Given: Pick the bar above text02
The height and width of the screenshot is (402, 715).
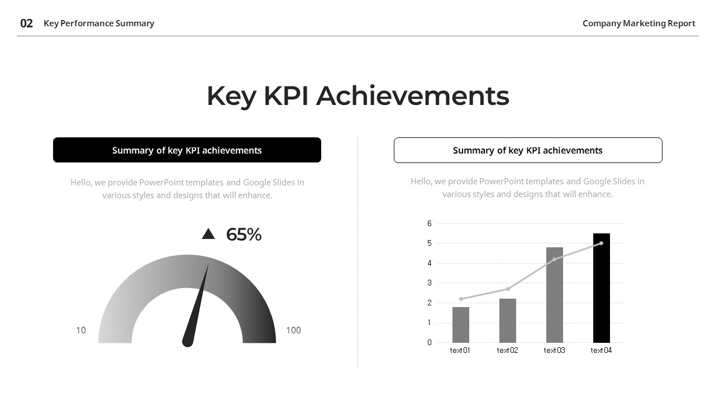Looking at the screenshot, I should coord(508,321).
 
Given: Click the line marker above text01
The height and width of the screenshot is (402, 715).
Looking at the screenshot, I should coord(461,299).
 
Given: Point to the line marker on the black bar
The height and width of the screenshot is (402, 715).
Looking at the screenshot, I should coord(601,243).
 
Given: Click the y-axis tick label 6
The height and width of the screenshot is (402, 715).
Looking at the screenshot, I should coord(430,223).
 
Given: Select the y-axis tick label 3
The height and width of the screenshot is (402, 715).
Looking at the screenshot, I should coord(430,283).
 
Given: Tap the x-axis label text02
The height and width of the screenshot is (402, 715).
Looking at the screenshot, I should coord(508,351).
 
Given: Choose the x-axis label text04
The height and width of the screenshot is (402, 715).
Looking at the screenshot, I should coord(601,351).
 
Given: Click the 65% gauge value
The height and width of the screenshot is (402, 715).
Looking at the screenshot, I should coord(244,235).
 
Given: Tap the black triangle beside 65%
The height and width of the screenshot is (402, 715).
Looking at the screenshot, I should coord(208,234).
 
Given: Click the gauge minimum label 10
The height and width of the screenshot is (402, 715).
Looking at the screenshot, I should coord(81,331).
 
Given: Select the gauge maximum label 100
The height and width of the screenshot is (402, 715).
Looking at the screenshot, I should coord(293,331).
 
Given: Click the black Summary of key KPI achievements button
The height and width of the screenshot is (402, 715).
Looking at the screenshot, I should coord(187,150).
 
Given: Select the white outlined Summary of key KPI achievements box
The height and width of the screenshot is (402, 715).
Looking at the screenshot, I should coord(528,150).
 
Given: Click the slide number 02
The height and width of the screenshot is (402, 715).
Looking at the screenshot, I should coord(26,23).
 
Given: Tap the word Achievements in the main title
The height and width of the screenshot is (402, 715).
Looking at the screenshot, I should coord(413,96).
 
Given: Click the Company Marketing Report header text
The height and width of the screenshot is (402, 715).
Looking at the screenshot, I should coord(638,23).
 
